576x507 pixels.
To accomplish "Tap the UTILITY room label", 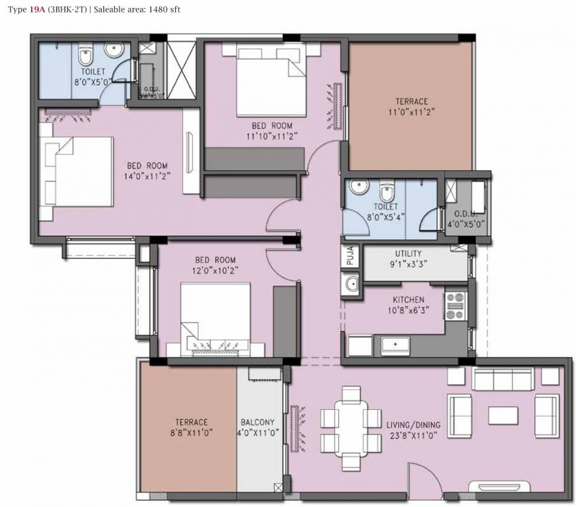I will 408,253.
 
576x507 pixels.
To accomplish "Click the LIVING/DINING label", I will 414,424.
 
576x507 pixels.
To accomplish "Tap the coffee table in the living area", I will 503,415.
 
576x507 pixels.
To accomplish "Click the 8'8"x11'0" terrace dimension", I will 192,434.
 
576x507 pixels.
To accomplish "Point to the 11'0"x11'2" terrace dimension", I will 412,112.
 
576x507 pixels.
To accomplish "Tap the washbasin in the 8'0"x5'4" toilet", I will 359,187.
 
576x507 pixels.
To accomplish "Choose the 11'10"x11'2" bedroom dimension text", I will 271,135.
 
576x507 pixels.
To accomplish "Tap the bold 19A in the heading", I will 37,10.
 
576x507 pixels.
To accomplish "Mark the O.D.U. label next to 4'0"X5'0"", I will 470,213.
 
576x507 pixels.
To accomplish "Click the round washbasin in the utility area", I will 351,284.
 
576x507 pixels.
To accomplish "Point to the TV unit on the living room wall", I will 497,489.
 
